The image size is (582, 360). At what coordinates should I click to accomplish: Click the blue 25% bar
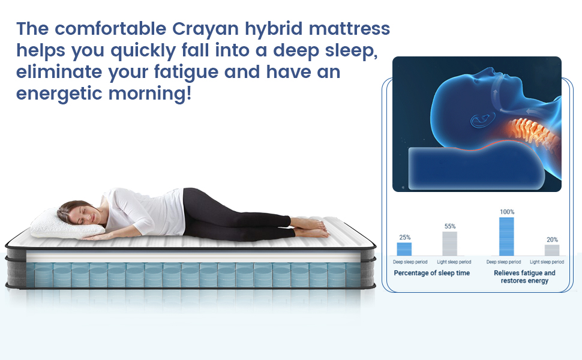[x=404, y=249]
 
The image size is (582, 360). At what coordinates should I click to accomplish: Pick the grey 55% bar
[x=450, y=244]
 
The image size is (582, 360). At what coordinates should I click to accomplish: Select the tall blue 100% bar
[x=507, y=236]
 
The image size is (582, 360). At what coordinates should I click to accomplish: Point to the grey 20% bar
[x=552, y=250]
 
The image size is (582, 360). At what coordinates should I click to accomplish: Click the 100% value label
[x=507, y=212]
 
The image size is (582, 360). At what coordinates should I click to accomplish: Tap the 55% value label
[x=450, y=226]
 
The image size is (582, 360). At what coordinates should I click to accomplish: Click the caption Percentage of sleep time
[x=432, y=273]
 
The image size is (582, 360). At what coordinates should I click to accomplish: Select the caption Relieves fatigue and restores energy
[x=524, y=277]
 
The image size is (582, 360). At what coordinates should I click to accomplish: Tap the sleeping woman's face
[x=82, y=215]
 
